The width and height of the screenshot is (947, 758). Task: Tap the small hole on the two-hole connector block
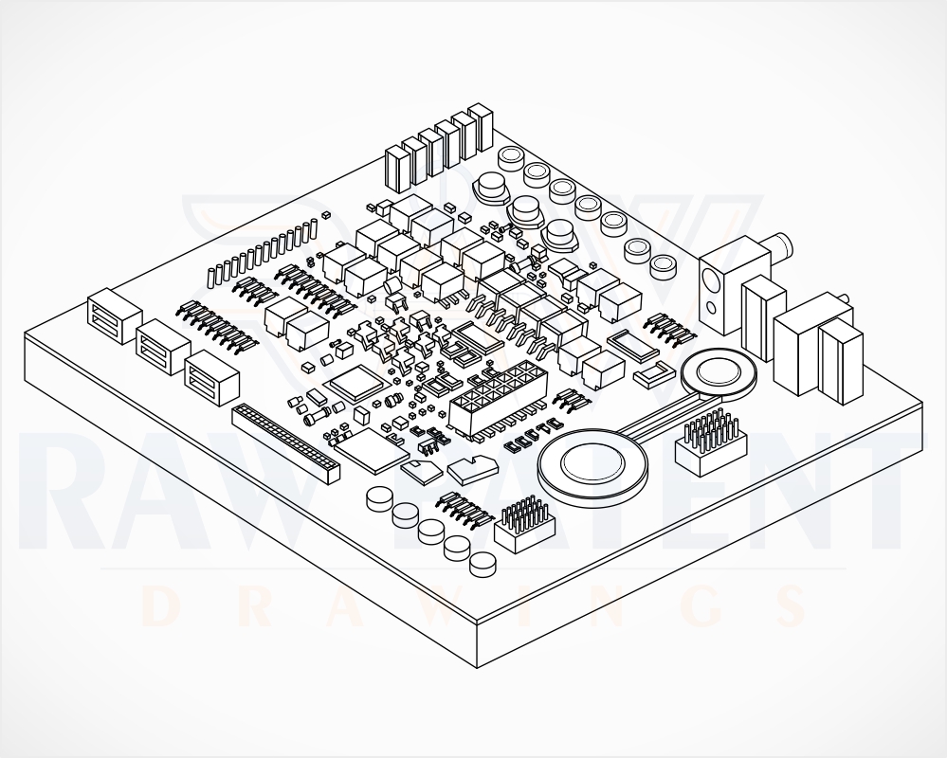pos(712,309)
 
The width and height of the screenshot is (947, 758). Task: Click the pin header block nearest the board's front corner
pos(524,525)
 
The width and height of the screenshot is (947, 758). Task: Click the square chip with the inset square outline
pos(356,383)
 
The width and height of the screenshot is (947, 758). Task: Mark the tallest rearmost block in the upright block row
pos(482,128)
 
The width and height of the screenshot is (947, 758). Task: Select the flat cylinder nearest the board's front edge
pos(484,565)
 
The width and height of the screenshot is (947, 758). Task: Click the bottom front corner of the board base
pos(477,667)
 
